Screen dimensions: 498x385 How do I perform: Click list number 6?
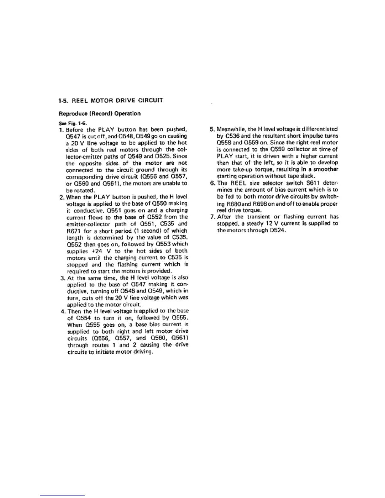(212, 183)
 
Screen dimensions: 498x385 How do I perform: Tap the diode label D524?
(277, 230)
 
